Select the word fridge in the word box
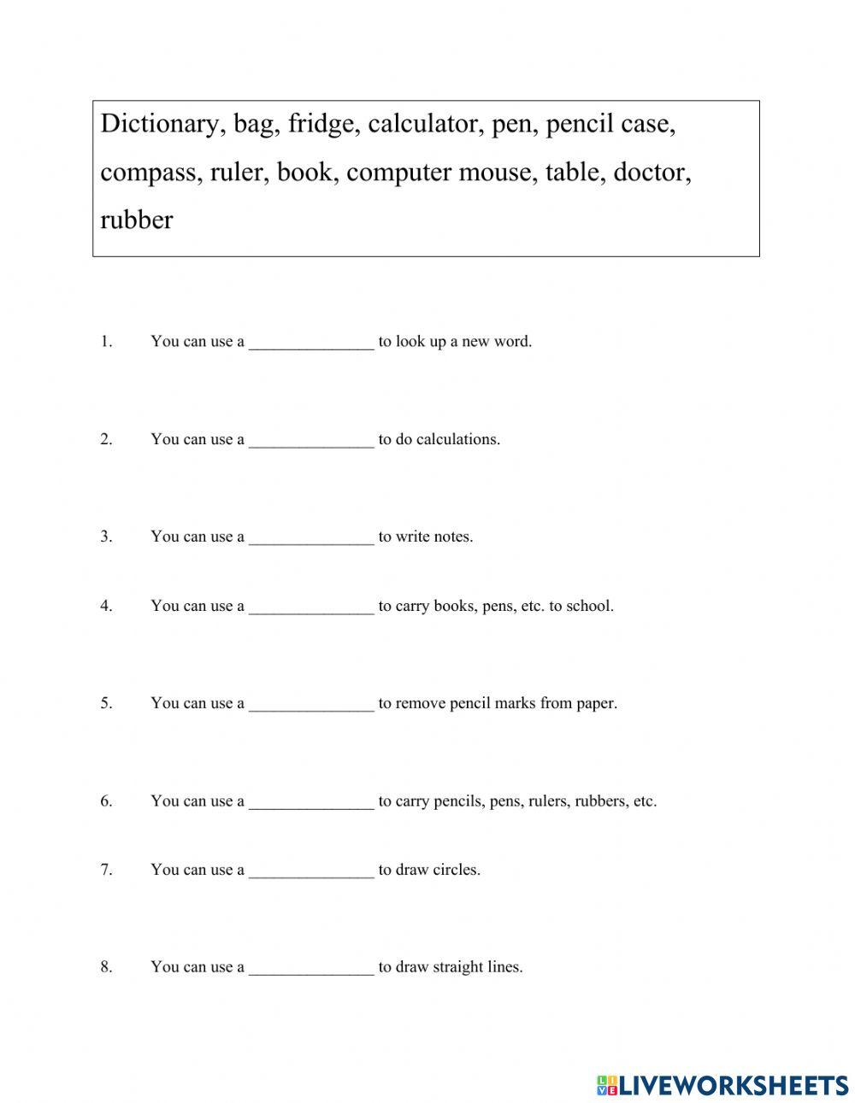point(322,125)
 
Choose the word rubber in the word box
point(136,220)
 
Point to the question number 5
point(106,703)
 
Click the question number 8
point(106,967)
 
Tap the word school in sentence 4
point(590,607)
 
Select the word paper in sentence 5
point(597,704)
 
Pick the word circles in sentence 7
point(456,870)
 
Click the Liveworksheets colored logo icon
point(607,1085)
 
